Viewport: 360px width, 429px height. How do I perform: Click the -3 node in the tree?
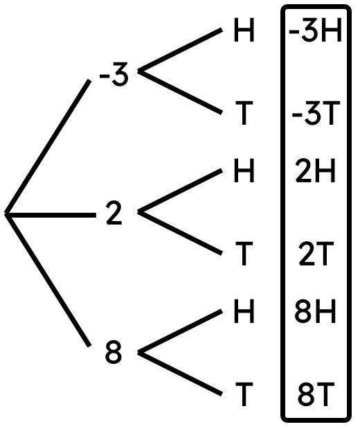[114, 74]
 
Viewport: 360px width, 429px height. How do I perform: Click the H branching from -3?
[244, 30]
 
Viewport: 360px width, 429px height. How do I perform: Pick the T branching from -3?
[244, 112]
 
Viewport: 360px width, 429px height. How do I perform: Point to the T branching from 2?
[244, 254]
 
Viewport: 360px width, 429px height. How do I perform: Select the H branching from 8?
[244, 311]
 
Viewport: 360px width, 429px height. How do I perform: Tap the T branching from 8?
[244, 394]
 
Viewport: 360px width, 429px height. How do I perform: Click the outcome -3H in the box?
[316, 30]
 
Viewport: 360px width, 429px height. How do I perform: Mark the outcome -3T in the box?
[316, 112]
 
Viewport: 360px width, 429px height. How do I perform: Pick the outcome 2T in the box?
[316, 254]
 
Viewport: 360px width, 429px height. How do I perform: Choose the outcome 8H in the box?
[315, 311]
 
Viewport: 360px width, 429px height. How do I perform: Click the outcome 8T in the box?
[316, 394]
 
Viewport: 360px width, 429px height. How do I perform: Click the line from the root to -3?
[48, 146]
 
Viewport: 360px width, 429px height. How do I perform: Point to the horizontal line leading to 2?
[51, 215]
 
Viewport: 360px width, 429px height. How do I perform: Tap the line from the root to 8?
[48, 280]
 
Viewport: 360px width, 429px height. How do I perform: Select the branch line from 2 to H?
[180, 191]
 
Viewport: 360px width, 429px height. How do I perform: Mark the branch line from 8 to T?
[180, 373]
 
